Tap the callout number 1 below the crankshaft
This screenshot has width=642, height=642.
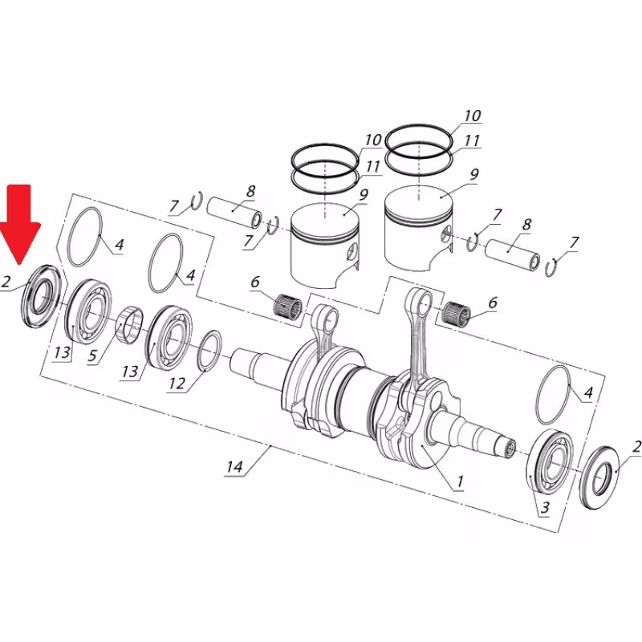[460, 481]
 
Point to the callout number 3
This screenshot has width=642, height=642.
[545, 507]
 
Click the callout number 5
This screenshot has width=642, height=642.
[94, 356]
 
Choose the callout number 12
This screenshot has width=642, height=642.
[177, 384]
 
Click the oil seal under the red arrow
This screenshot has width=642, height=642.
[39, 295]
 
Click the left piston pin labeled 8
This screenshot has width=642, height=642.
[234, 212]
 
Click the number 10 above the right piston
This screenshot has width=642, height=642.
[472, 116]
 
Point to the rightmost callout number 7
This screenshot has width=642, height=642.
[575, 242]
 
